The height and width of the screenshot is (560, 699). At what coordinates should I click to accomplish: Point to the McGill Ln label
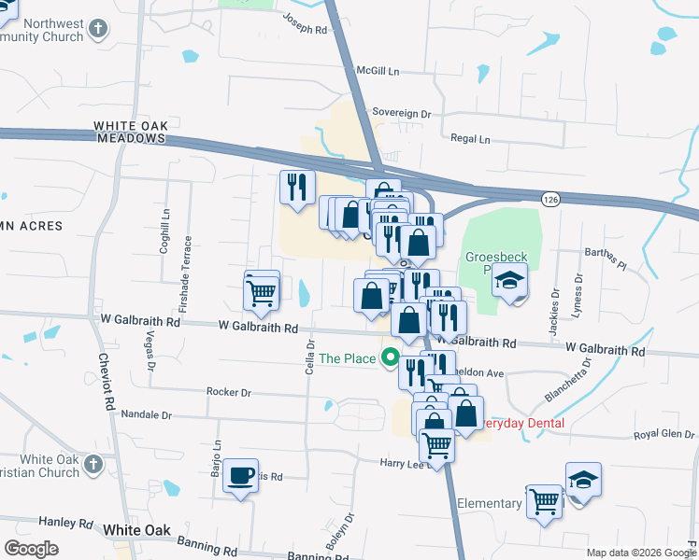point(378,71)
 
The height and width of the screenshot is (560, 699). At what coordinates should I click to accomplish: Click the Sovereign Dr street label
point(401,113)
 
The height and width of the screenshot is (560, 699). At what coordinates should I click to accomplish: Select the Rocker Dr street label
point(229,393)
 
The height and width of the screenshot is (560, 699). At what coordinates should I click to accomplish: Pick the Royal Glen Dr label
point(664,435)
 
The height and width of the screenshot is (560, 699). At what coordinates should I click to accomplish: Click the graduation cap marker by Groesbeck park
point(510,280)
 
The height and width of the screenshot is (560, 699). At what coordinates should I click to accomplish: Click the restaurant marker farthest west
point(297,187)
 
